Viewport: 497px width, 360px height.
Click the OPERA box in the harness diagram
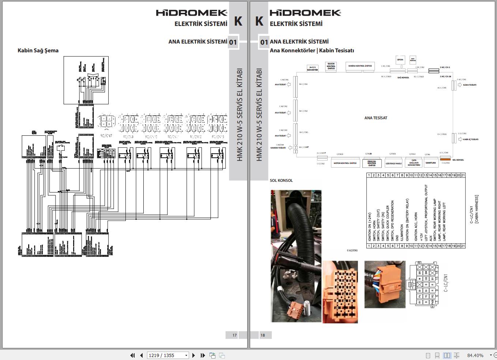coord(400,60)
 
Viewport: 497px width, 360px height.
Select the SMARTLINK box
coord(430,163)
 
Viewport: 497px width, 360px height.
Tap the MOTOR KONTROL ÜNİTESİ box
coord(344,163)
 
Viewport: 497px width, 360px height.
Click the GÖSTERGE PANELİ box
coord(394,164)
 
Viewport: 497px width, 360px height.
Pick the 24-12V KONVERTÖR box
coord(312,68)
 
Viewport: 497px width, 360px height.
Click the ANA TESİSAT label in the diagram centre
coord(376,118)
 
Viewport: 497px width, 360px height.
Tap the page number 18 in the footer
coord(263,335)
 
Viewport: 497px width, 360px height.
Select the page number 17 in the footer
coord(234,335)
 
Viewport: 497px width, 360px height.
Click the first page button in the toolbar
coord(132,355)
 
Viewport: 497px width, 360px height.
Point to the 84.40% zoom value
coord(475,355)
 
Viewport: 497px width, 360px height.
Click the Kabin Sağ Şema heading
coord(38,50)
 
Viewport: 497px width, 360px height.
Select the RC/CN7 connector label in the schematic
coord(106,136)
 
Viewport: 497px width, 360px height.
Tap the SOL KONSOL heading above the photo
coord(281,180)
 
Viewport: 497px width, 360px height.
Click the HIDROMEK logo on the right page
coord(305,13)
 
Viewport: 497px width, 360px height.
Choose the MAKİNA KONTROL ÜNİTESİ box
coord(359,66)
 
